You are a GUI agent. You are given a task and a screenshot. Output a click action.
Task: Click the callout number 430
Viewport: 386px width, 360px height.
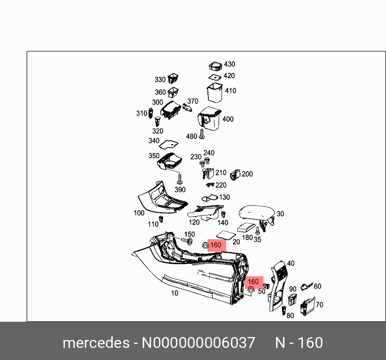coord(229,64)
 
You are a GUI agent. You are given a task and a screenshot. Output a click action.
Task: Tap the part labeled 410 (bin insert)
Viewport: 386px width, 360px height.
coord(214,92)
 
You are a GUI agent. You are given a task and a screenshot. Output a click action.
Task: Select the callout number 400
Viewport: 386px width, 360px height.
coord(228,119)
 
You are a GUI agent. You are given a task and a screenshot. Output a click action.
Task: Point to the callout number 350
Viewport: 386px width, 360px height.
coord(154,156)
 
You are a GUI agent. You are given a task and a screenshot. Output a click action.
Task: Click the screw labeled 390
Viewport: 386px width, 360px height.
coord(180,179)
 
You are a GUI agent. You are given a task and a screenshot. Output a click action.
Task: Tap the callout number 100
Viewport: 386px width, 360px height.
coord(139,213)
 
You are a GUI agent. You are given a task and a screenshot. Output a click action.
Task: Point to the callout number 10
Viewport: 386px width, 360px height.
coord(174,293)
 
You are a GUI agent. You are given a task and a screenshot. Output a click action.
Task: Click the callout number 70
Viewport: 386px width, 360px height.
coord(319,305)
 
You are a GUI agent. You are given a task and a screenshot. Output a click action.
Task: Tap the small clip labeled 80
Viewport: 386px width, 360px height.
coord(284,310)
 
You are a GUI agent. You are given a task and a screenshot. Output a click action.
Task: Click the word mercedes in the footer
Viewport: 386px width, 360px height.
coord(95,343)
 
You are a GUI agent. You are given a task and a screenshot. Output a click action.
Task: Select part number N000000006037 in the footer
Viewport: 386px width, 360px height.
coord(198,343)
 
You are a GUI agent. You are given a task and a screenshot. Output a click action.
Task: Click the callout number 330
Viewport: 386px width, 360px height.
coord(160,80)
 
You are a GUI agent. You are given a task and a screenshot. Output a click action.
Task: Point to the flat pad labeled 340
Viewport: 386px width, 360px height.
coord(168,144)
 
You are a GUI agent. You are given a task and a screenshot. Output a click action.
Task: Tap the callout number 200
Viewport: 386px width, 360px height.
coord(247,174)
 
